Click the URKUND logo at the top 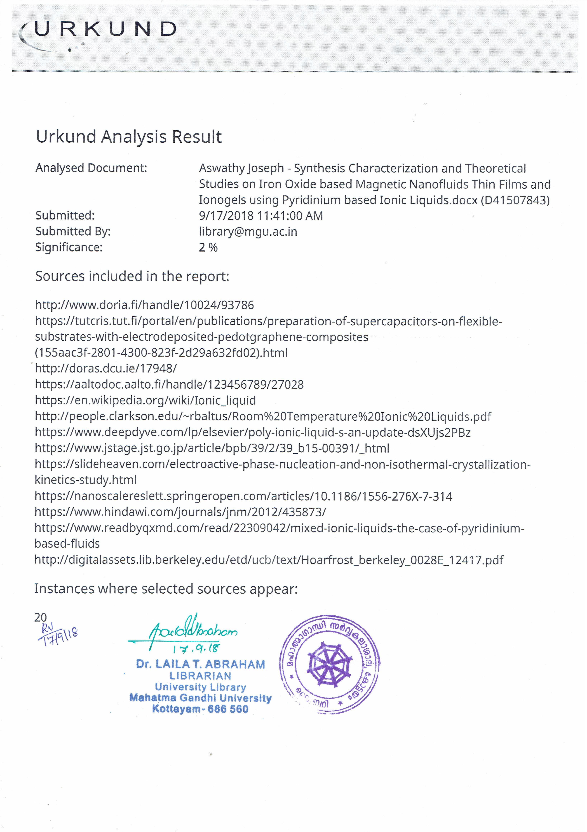click(98, 33)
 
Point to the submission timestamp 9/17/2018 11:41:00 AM click(260, 216)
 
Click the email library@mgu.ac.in click(248, 232)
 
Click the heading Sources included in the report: click(132, 276)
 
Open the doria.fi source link click(144, 305)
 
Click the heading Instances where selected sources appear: click(166, 589)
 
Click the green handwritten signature click(185, 632)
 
